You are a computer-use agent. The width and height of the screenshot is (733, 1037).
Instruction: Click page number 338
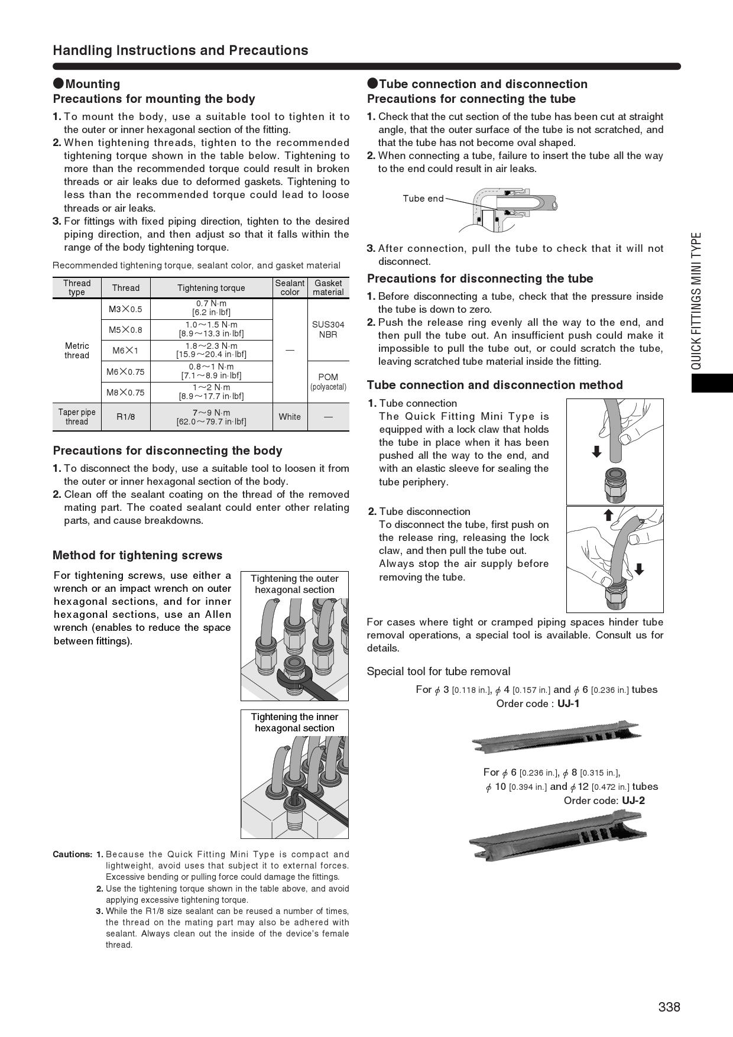click(669, 1007)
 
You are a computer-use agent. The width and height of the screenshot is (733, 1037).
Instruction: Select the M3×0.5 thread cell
click(125, 309)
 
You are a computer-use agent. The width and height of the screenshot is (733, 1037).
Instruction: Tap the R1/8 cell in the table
click(125, 417)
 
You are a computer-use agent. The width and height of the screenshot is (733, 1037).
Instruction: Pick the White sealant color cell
click(290, 417)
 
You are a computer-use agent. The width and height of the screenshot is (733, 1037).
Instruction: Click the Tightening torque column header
click(211, 288)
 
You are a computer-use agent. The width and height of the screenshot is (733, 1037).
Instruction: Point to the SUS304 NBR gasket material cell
click(328, 329)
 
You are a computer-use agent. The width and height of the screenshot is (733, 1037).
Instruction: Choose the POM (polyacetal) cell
click(328, 381)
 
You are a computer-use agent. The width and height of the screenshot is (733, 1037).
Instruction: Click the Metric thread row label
click(77, 351)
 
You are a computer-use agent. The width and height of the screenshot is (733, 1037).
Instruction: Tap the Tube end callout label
click(423, 199)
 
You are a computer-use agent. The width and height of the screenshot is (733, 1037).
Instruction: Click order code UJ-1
click(568, 704)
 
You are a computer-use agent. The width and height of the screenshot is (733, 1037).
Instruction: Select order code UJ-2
click(633, 801)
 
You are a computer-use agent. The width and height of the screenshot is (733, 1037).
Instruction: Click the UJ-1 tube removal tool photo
click(556, 737)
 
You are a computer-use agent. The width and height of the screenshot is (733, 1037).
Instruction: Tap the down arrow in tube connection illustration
click(596, 452)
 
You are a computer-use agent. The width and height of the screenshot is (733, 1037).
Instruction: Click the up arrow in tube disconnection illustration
click(608, 515)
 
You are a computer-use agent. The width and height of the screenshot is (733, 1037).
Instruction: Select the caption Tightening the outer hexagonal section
click(294, 584)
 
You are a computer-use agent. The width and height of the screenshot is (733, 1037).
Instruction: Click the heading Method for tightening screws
click(137, 555)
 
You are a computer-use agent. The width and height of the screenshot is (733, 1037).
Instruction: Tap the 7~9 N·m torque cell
click(211, 417)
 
